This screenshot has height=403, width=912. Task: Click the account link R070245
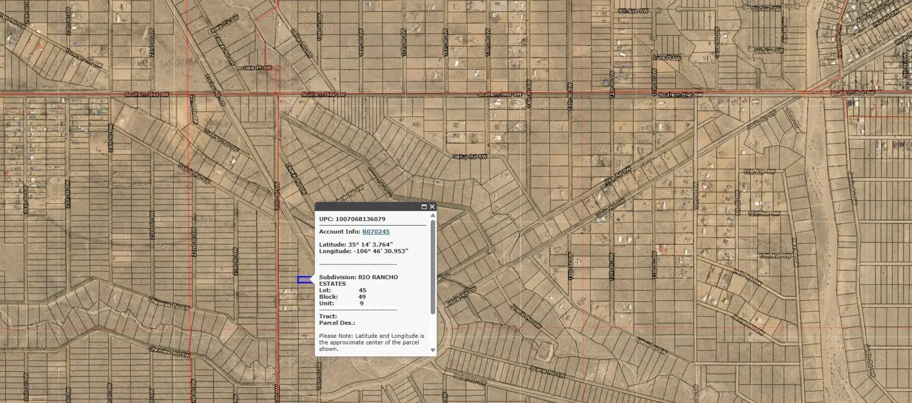(x=376, y=232)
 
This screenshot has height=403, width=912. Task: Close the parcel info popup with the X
(x=432, y=207)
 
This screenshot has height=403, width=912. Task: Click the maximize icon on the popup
(x=424, y=207)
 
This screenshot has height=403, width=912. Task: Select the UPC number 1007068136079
(x=360, y=219)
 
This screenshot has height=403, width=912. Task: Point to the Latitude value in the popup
(x=370, y=245)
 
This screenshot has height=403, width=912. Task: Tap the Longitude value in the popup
(x=380, y=251)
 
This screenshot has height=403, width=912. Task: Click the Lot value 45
(x=363, y=290)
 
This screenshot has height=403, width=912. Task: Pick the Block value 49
(x=362, y=297)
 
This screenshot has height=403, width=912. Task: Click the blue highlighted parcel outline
(x=304, y=279)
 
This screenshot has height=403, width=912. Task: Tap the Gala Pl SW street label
(x=258, y=68)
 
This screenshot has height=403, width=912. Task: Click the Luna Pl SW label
(x=667, y=58)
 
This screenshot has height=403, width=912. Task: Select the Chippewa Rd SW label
(x=168, y=304)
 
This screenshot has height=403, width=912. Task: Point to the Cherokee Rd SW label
(x=169, y=351)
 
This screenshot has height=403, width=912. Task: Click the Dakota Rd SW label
(x=194, y=174)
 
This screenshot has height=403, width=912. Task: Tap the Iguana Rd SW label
(x=548, y=372)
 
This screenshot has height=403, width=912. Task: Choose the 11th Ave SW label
(x=759, y=172)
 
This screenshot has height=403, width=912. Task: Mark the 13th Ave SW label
(x=775, y=256)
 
